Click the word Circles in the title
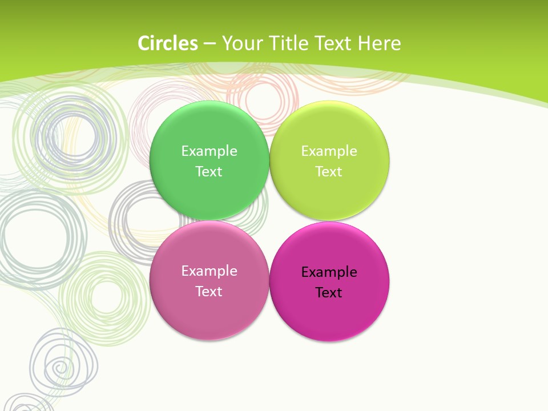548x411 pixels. point(168,43)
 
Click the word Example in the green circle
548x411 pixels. point(209,151)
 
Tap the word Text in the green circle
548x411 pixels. point(209,171)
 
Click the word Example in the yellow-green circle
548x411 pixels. point(329,151)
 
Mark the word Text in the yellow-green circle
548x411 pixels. point(329,171)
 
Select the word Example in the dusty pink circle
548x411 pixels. point(209,271)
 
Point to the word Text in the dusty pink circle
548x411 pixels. point(209,291)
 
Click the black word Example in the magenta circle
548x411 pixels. point(329,272)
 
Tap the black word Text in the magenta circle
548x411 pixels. point(329,292)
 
